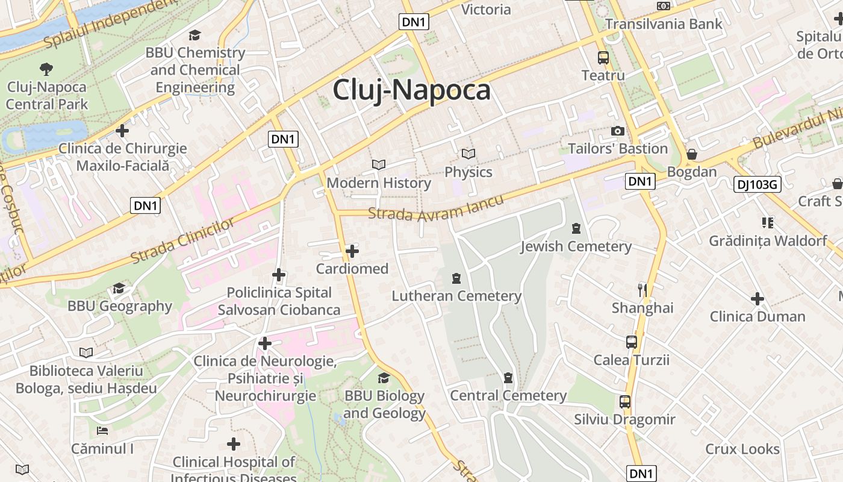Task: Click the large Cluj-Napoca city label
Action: click(411, 90)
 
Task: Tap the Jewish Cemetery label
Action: click(576, 246)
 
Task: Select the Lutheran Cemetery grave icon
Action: click(456, 278)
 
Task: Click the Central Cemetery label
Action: click(508, 396)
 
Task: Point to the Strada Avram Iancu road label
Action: click(435, 208)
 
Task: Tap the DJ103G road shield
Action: click(757, 184)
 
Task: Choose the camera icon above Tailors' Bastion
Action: click(617, 131)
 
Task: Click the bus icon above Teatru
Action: click(603, 58)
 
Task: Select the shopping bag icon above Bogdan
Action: click(692, 154)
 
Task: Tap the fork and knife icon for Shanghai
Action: click(642, 290)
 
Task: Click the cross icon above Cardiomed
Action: click(352, 251)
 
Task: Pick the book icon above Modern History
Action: click(378, 164)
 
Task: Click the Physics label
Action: click(468, 172)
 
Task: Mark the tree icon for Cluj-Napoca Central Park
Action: click(46, 69)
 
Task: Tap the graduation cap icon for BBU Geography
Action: click(119, 288)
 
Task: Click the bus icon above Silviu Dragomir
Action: click(624, 402)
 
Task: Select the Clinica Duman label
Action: click(757, 316)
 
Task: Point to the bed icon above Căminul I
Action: click(102, 431)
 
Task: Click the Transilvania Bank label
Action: click(663, 24)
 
